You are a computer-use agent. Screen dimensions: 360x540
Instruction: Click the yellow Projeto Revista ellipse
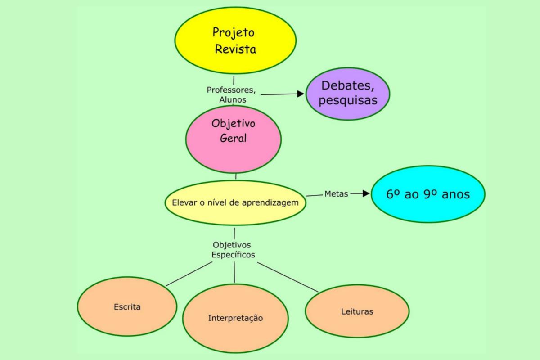click(x=235, y=40)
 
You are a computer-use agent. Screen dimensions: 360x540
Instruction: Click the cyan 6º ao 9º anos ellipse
click(x=428, y=194)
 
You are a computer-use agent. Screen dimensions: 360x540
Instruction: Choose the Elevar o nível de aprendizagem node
click(x=235, y=203)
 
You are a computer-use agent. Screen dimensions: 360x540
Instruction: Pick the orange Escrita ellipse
click(x=127, y=307)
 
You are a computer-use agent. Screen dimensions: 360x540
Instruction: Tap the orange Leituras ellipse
click(x=357, y=311)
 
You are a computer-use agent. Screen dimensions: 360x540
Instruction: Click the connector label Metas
click(x=336, y=194)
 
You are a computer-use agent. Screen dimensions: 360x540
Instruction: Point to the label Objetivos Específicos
click(x=234, y=249)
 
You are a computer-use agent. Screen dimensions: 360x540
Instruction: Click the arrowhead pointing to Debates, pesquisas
click(x=301, y=94)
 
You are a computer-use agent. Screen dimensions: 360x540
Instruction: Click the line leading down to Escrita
click(x=189, y=274)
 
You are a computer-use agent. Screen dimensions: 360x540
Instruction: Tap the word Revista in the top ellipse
click(x=235, y=49)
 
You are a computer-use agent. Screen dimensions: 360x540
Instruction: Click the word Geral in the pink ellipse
click(x=234, y=138)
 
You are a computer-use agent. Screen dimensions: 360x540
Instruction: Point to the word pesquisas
click(x=348, y=100)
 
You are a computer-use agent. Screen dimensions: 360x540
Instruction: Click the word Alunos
click(x=233, y=99)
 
